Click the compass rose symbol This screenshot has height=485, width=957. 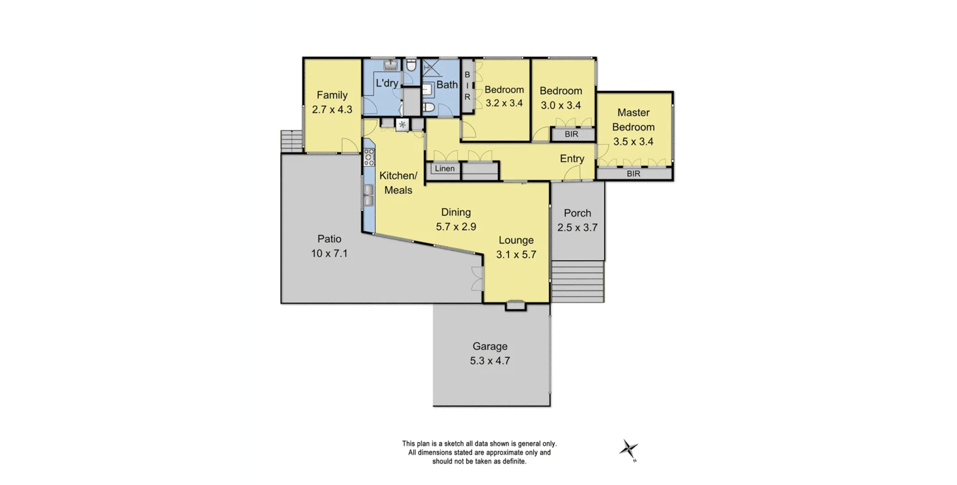[629, 449]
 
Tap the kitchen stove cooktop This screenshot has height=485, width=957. [370, 157]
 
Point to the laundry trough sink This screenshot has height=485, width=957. [390, 65]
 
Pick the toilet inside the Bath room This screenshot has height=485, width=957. [429, 107]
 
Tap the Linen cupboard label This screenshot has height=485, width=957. [445, 169]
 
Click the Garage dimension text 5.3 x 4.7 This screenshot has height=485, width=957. [490, 361]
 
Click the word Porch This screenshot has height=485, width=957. [577, 213]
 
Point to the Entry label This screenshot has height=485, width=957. [572, 159]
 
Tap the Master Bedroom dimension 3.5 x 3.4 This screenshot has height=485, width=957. [633, 141]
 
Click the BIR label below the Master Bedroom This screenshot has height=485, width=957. [633, 173]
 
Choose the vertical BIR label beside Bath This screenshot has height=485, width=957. [467, 86]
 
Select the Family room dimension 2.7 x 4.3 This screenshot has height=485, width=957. [332, 109]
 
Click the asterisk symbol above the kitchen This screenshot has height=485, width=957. [402, 124]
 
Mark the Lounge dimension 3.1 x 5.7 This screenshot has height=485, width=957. [516, 254]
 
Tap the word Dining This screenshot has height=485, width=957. [455, 212]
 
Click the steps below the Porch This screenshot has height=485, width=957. [577, 282]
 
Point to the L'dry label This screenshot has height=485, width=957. [387, 83]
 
